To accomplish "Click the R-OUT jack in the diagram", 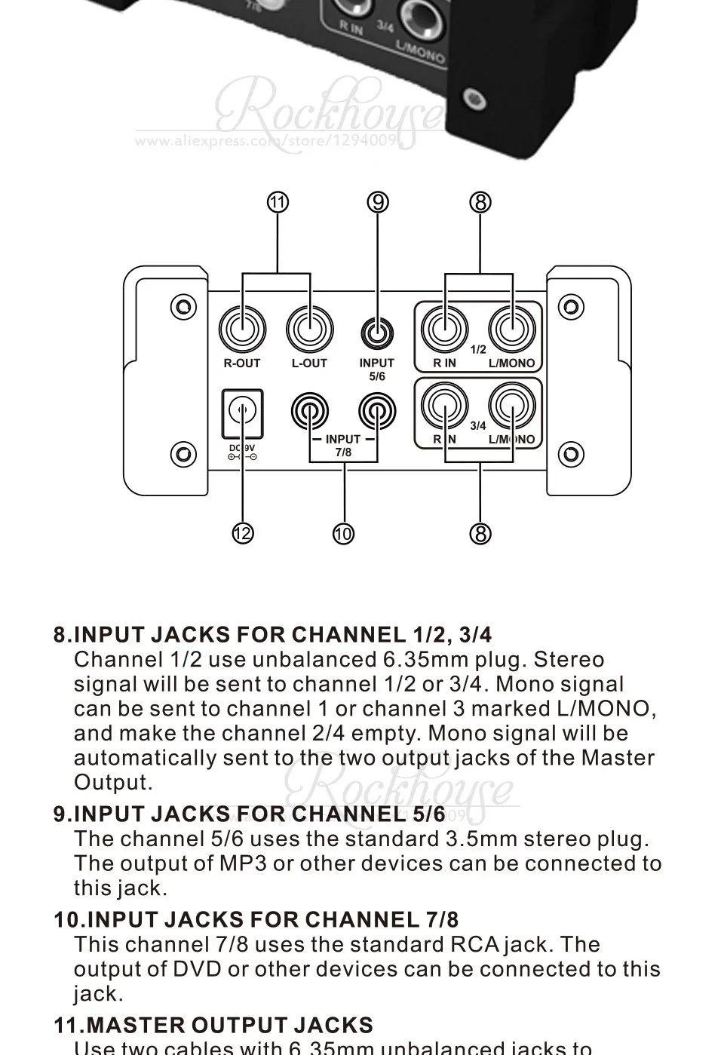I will pyautogui.click(x=242, y=330).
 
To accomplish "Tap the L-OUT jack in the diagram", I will pyautogui.click(x=309, y=330).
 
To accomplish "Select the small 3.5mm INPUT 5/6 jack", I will pyautogui.click(x=377, y=331).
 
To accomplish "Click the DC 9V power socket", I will pyautogui.click(x=242, y=412).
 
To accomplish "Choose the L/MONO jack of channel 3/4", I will pyautogui.click(x=512, y=406).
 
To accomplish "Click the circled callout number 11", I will pyautogui.click(x=278, y=202).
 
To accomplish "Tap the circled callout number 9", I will pyautogui.click(x=379, y=202).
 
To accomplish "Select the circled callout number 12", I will pyautogui.click(x=242, y=534).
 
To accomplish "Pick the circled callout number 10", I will pyautogui.click(x=343, y=534).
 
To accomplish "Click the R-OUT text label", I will pyautogui.click(x=242, y=363).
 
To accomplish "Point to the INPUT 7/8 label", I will pyautogui.click(x=343, y=446).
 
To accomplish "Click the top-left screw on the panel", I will pyautogui.click(x=183, y=306).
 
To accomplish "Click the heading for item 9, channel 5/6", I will pyautogui.click(x=250, y=814).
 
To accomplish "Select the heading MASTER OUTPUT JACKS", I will pyautogui.click(x=213, y=1026).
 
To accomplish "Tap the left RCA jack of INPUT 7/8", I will pyautogui.click(x=310, y=412).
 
